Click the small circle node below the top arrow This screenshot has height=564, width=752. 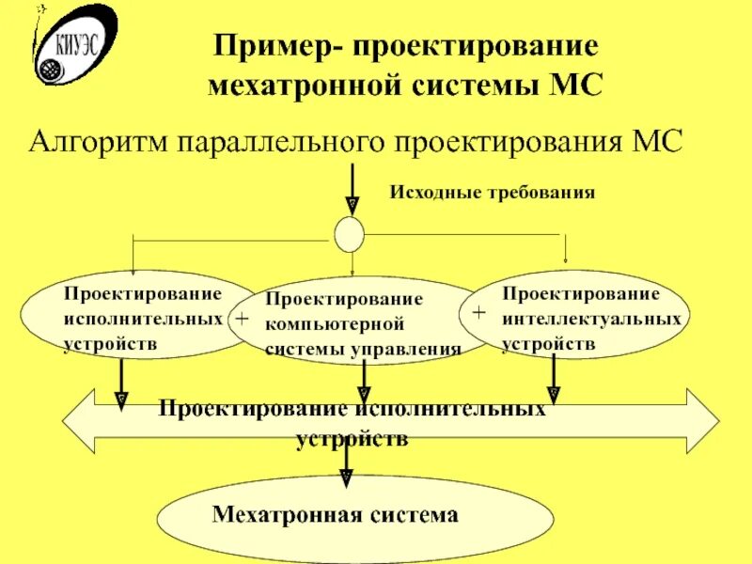(349, 233)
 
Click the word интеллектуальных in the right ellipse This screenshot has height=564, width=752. (591, 320)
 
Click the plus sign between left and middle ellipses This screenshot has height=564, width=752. (242, 320)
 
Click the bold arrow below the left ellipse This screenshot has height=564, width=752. (120, 384)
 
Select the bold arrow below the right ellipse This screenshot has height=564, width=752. (553, 382)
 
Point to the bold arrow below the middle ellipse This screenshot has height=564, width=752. (363, 384)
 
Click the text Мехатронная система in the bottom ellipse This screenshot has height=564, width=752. (336, 514)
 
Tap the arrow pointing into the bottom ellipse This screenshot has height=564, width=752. (349, 465)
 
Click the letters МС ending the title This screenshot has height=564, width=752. (571, 86)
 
